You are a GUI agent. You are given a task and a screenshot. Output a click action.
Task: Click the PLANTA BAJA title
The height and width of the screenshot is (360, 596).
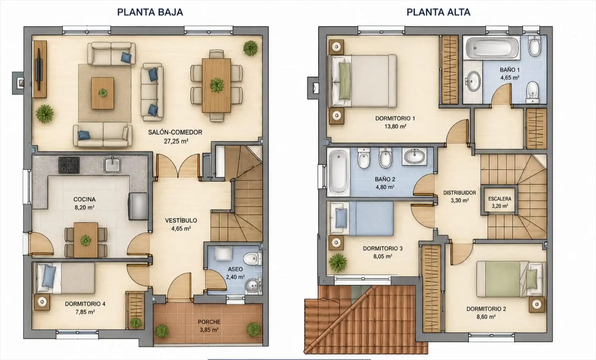150,12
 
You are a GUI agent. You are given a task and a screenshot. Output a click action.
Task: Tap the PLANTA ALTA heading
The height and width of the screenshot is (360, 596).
438,12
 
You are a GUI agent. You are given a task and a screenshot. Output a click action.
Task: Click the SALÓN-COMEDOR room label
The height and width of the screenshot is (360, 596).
175,132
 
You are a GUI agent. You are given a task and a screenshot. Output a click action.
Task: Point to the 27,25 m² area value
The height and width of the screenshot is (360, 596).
176,141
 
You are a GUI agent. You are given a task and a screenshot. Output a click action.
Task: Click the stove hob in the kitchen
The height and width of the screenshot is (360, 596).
69,165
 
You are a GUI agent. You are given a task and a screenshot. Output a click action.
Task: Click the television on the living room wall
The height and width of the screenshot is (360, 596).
39,69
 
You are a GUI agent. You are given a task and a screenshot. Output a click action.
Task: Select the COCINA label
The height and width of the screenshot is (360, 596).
84,199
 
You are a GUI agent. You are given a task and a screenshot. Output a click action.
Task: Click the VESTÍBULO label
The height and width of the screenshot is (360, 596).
181,221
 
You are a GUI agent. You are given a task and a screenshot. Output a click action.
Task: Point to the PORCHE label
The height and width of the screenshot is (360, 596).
209,322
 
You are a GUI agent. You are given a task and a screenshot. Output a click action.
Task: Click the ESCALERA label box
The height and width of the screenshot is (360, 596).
499,202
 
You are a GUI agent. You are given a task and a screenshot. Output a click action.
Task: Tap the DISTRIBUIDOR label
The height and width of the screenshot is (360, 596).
459,193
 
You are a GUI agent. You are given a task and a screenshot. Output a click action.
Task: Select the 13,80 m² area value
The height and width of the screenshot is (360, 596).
395,127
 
